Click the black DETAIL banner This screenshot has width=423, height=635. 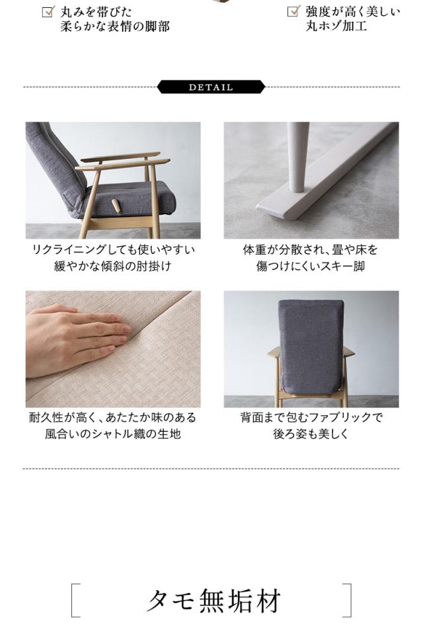click(211, 87)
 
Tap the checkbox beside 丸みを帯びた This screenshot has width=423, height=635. click(48, 11)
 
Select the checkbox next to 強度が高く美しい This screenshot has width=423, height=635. click(293, 11)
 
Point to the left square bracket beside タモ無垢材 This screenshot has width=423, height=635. click(75, 601)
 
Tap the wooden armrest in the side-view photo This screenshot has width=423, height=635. click(122, 159)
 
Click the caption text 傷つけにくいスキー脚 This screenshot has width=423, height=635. click(311, 267)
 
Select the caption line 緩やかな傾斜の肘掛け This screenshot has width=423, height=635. click(113, 267)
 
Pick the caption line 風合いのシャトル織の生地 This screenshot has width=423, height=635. click(113, 435)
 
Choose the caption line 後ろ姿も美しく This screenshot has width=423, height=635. click(311, 435)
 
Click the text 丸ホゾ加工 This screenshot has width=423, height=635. click(336, 27)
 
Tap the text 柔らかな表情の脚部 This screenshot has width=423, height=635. click(115, 27)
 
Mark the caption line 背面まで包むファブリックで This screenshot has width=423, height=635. click(311, 418)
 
